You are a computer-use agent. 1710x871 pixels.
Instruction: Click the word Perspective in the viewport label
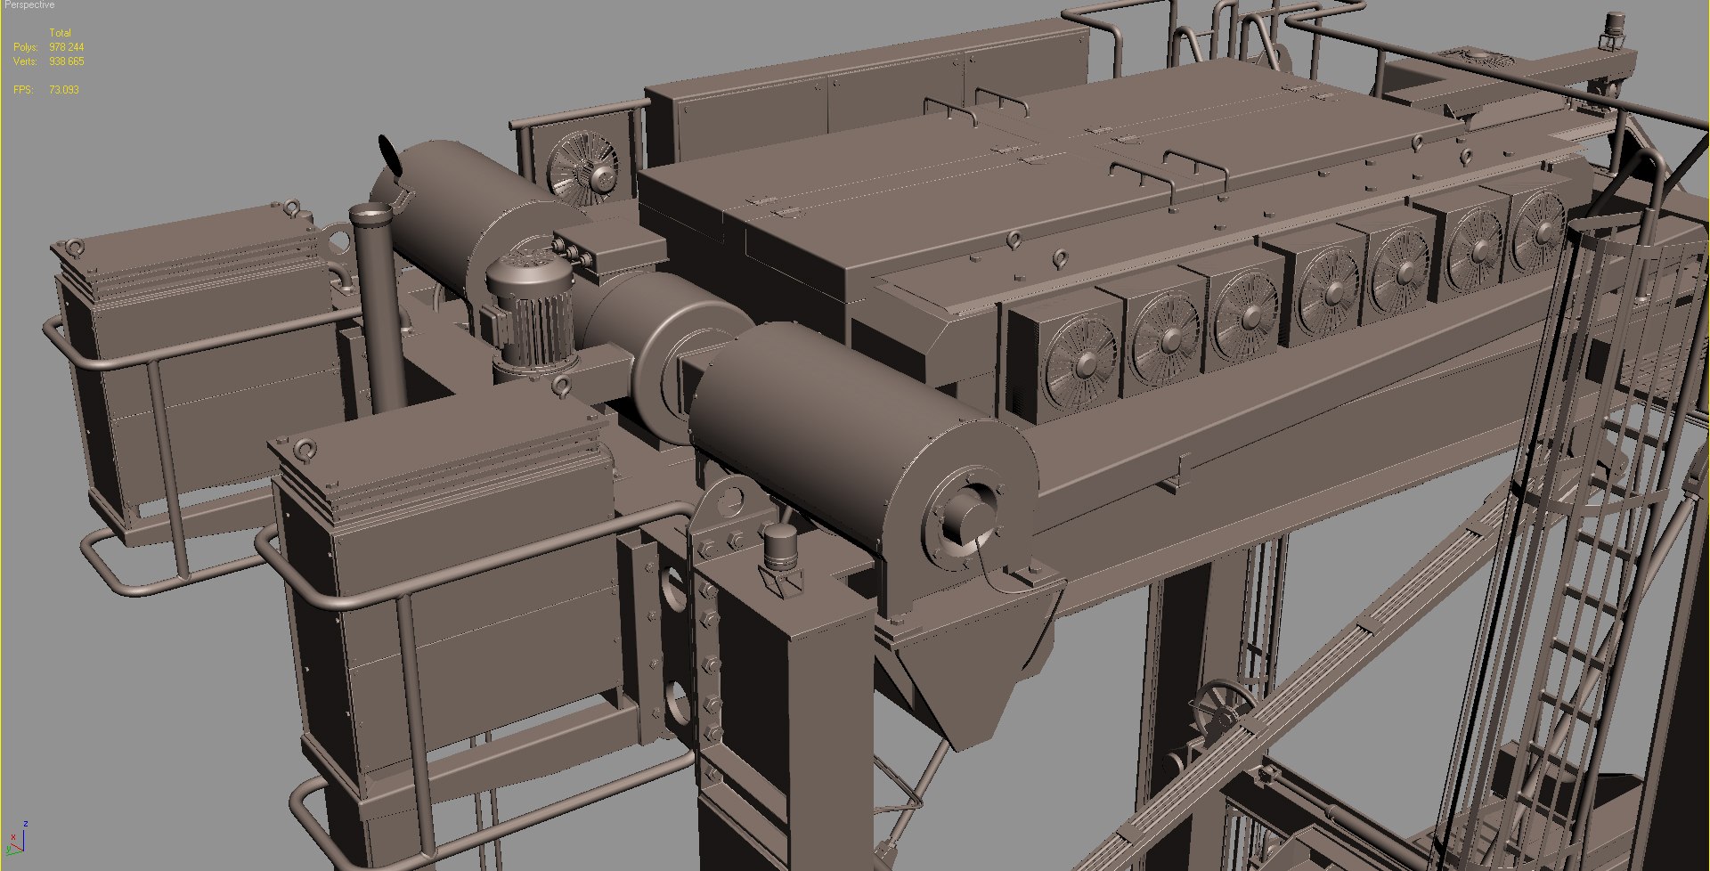click(x=29, y=5)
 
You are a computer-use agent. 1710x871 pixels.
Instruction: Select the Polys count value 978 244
click(x=67, y=47)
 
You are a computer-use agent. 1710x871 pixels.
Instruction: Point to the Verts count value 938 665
click(x=67, y=61)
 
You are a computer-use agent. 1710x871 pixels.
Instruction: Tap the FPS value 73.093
click(x=64, y=90)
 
